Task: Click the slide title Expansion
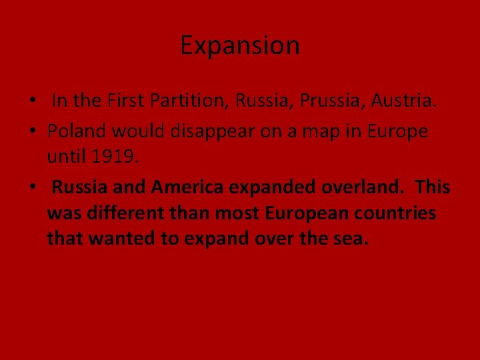(x=240, y=46)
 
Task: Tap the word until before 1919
(x=66, y=157)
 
